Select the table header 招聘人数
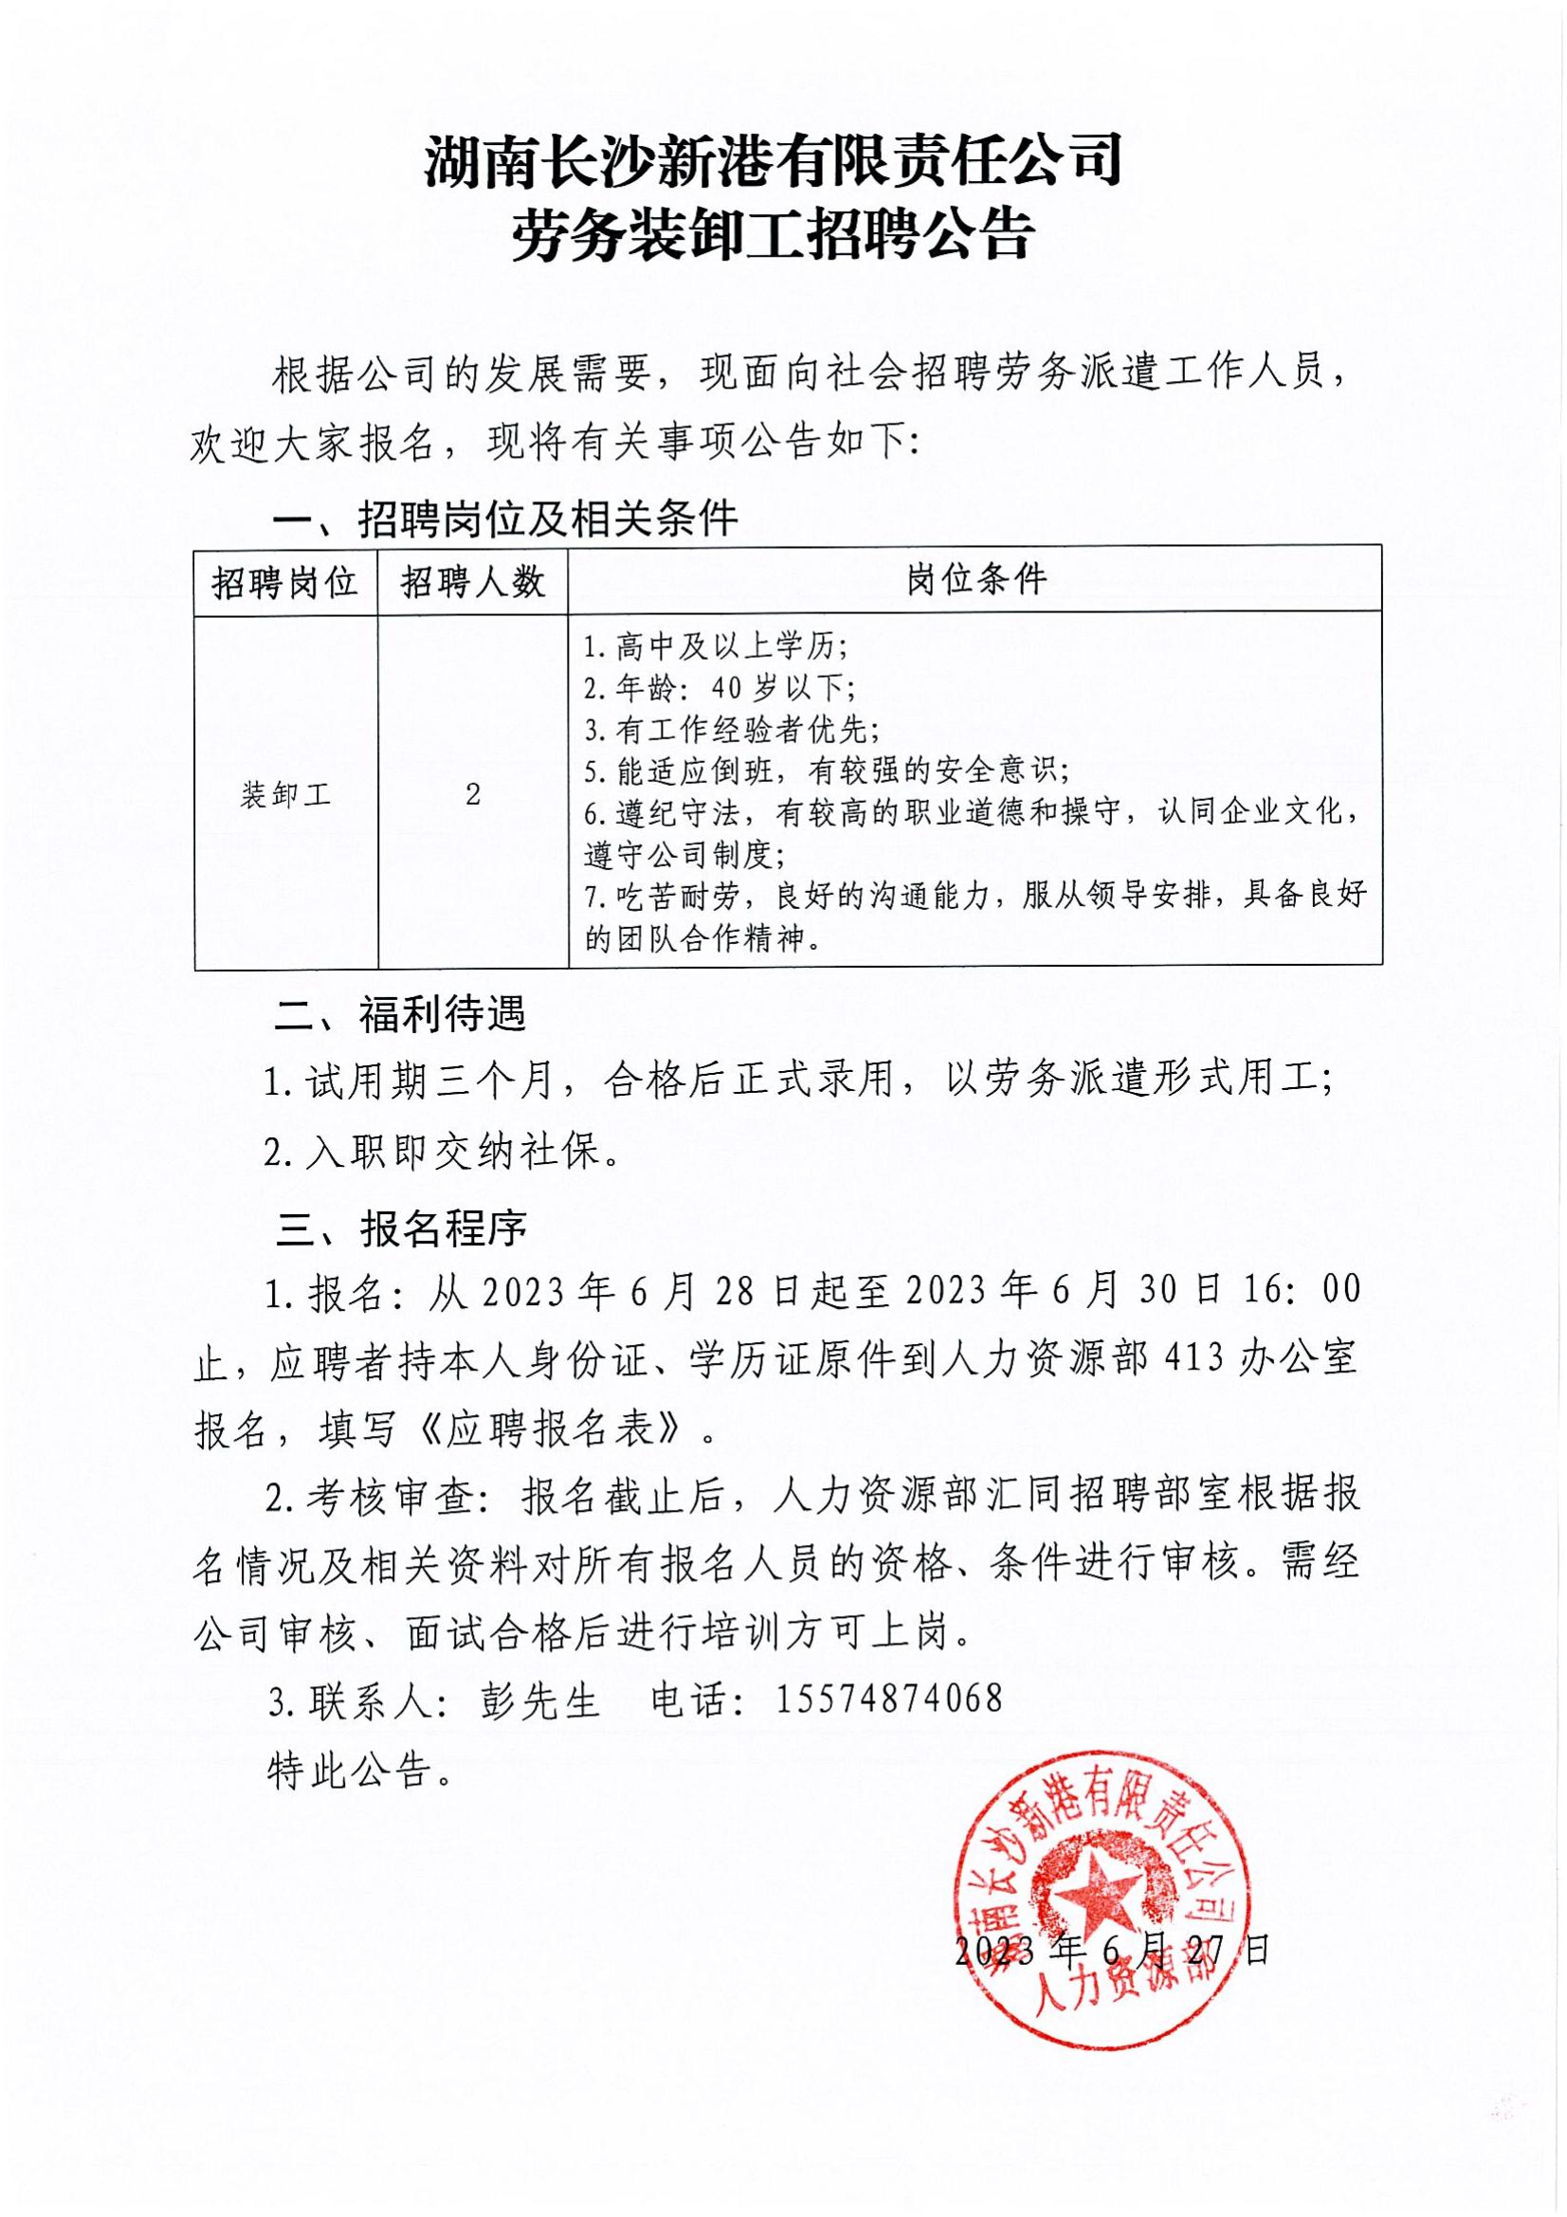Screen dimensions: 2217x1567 [472, 582]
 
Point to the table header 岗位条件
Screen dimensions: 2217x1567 [975, 580]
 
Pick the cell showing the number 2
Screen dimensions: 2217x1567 [472, 794]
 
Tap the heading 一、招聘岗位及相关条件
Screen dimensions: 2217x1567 [505, 520]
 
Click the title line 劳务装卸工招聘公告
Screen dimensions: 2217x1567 [773, 237]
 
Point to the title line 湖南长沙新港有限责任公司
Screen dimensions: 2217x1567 [773, 161]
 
